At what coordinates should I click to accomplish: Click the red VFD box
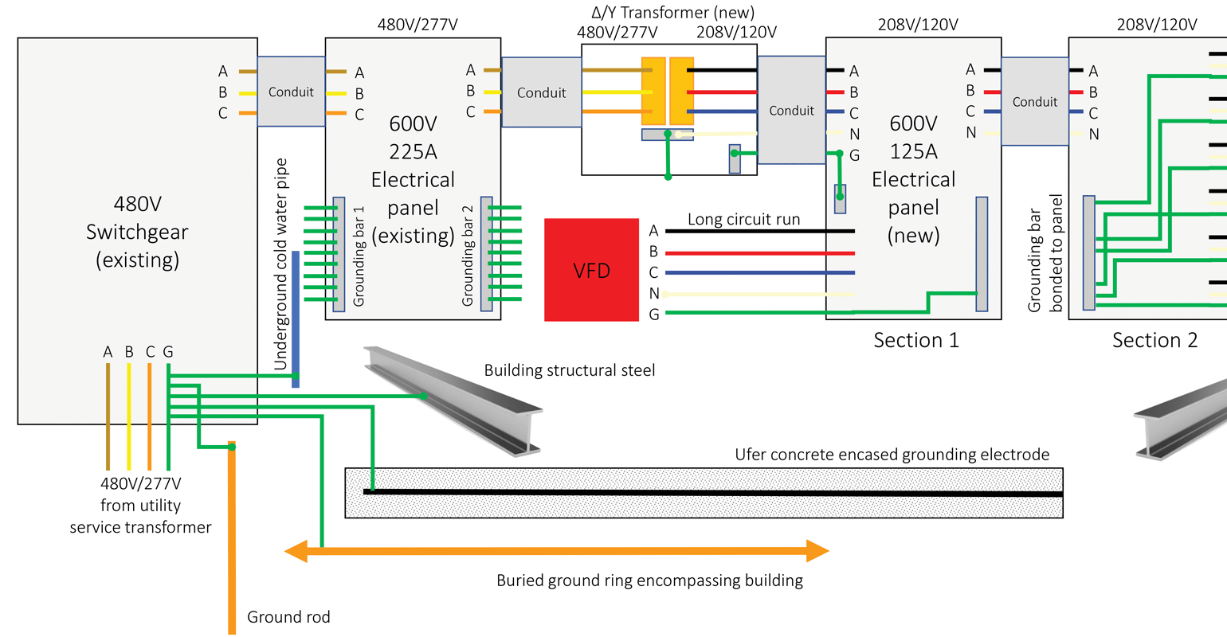click(x=591, y=270)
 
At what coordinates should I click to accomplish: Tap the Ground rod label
click(x=288, y=617)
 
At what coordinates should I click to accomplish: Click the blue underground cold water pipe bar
click(x=296, y=318)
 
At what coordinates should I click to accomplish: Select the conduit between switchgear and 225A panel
click(x=291, y=92)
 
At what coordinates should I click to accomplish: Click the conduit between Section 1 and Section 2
click(x=1034, y=101)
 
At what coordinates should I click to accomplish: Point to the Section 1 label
click(x=916, y=341)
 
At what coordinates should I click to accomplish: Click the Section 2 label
click(x=1154, y=341)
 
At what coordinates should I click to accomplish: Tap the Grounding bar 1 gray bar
click(x=339, y=254)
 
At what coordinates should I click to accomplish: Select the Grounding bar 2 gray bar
click(x=486, y=254)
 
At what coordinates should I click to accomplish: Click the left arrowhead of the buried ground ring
click(x=296, y=551)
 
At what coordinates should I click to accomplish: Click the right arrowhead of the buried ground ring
click(x=817, y=551)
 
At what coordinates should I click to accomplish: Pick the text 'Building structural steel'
click(x=570, y=370)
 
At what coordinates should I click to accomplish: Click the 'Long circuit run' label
click(x=743, y=219)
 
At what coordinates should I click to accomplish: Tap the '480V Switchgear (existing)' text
click(x=137, y=232)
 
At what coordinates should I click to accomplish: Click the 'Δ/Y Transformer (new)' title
click(x=672, y=13)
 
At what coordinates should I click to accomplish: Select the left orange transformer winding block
click(x=653, y=91)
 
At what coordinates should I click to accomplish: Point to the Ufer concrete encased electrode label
click(x=892, y=455)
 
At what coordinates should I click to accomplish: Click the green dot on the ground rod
click(x=232, y=447)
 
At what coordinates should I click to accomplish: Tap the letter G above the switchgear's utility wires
click(x=168, y=352)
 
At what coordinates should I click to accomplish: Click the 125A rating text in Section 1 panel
click(x=913, y=151)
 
